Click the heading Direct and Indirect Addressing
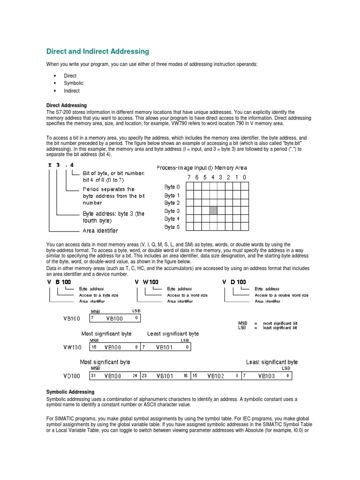pyautogui.click(x=97, y=51)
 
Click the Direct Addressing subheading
pyautogui.click(x=66, y=105)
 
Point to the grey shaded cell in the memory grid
pyautogui.click(x=213, y=210)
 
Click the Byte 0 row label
pyautogui.click(x=172, y=187)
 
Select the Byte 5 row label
pyautogui.click(x=172, y=227)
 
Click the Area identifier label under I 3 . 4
pyautogui.click(x=100, y=231)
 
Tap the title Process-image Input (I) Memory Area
pyautogui.click(x=202, y=167)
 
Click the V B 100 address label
pyautogui.click(x=59, y=282)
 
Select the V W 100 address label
pyautogui.click(x=147, y=282)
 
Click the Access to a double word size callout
pyautogui.click(x=281, y=295)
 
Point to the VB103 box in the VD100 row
pyautogui.click(x=268, y=375)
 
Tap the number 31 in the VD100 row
pyautogui.click(x=93, y=375)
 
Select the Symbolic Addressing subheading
pyautogui.click(x=70, y=391)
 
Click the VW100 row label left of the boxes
pyautogui.click(x=72, y=347)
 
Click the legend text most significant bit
pyautogui.click(x=280, y=323)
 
